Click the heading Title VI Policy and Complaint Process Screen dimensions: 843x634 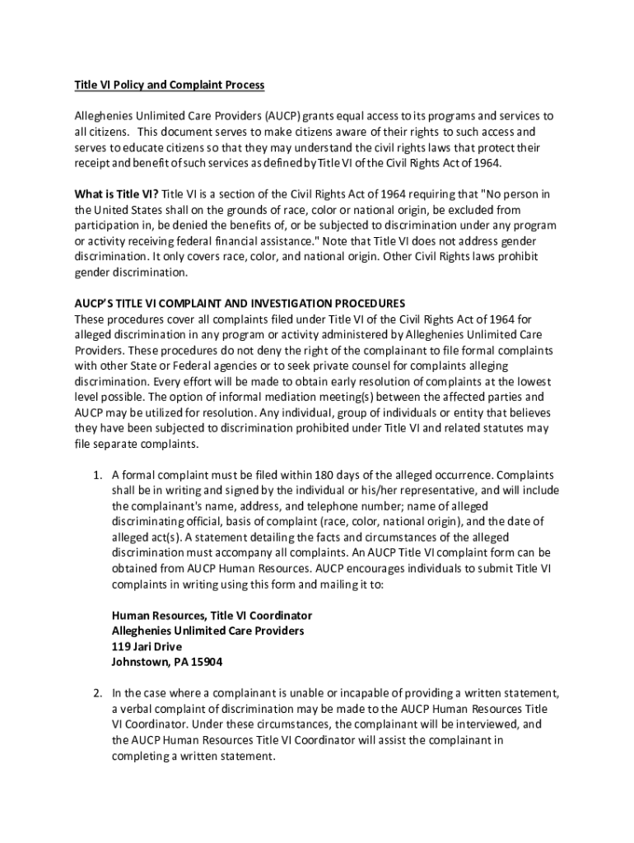pyautogui.click(x=170, y=85)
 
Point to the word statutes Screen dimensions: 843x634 pyautogui.click(x=506, y=428)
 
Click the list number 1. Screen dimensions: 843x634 pyautogui.click(x=96, y=475)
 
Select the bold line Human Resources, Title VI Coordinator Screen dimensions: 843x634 pyautogui.click(x=212, y=616)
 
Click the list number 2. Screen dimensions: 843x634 pyautogui.click(x=96, y=694)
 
